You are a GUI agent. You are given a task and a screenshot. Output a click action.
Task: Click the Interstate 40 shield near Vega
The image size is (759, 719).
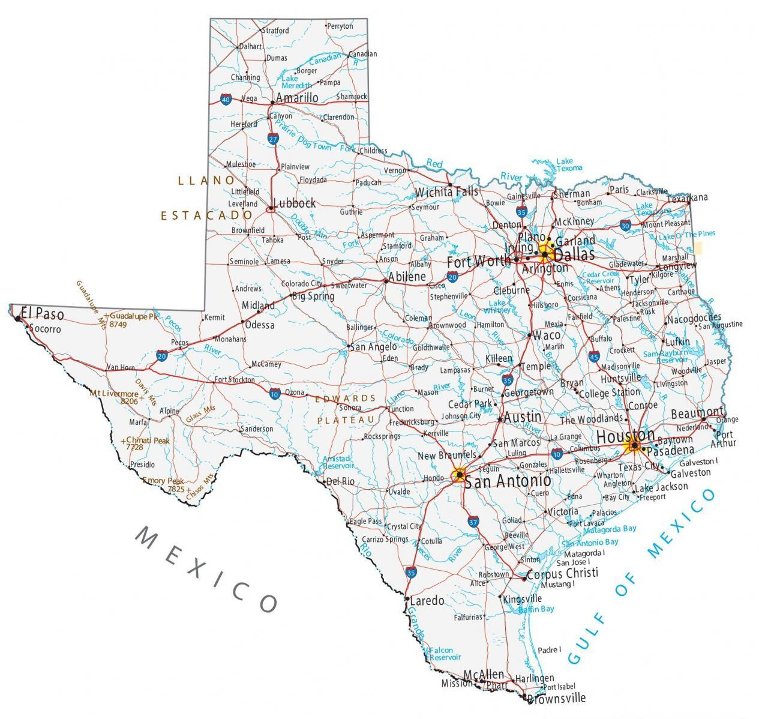tap(226, 99)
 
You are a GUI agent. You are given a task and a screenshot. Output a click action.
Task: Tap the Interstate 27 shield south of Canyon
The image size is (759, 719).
tap(273, 139)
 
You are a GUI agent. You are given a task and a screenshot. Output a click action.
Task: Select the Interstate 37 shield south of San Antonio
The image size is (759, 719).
tap(473, 522)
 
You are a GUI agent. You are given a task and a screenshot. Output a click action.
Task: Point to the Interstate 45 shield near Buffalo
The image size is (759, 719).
tap(593, 357)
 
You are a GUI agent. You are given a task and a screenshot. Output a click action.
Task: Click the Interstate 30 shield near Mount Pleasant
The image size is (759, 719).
tap(626, 225)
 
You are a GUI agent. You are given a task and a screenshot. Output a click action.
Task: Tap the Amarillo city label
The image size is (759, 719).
tap(297, 97)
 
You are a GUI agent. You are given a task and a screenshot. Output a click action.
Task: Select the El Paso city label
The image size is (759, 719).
tap(42, 313)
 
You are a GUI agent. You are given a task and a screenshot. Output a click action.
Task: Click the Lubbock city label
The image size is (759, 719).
tap(294, 203)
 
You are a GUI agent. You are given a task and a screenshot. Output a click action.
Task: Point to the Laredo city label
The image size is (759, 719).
tap(427, 600)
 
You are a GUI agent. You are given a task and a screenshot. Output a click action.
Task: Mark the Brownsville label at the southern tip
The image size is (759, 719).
tap(557, 698)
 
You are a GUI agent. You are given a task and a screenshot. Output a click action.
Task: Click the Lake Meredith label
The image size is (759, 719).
tap(296, 82)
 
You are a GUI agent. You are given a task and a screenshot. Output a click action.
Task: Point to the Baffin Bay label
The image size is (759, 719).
tap(537, 609)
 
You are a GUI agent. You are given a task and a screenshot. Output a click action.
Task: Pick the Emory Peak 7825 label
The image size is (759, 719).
tap(163, 485)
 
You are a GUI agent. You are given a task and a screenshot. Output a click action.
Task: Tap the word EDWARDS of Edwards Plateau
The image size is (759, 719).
tap(353, 398)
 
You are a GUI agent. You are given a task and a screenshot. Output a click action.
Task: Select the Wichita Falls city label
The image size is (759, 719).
tap(447, 192)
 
